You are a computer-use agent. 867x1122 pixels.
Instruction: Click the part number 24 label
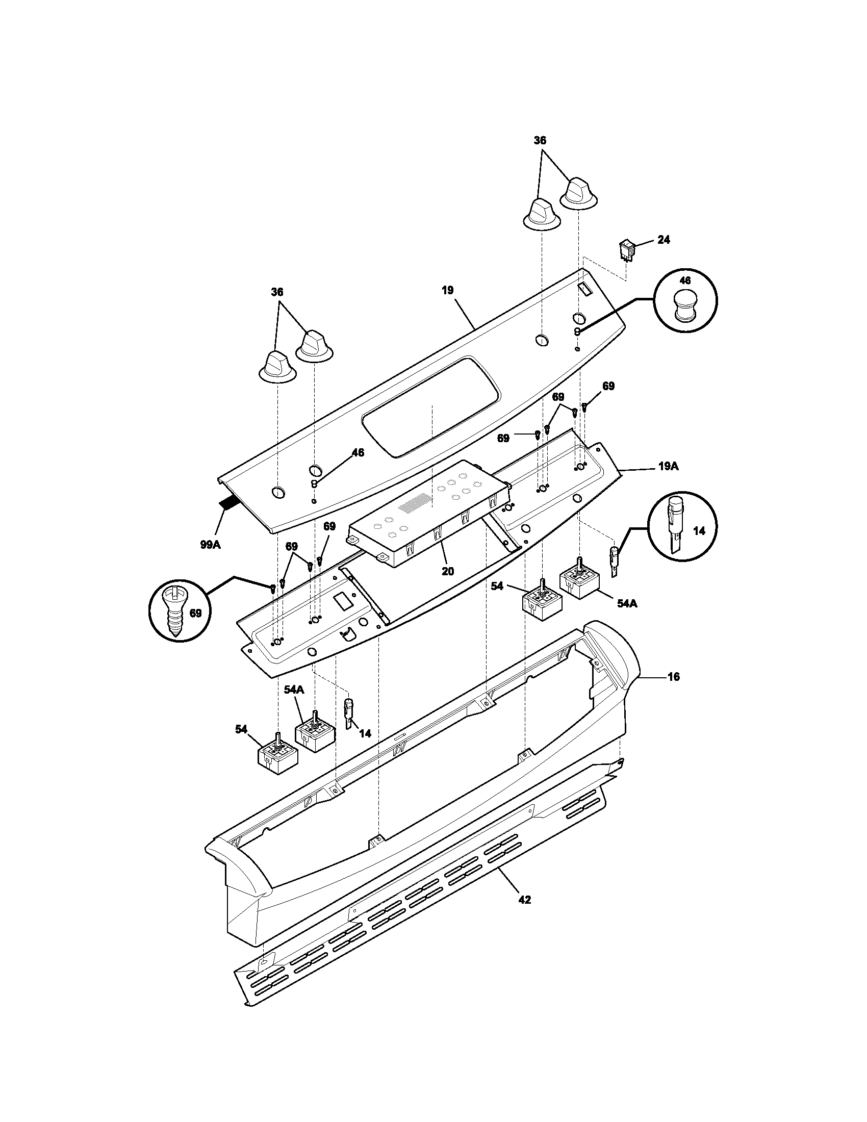(x=664, y=240)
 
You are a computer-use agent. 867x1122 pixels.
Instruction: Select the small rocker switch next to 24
(x=626, y=250)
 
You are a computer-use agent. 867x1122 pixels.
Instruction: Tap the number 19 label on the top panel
(x=447, y=290)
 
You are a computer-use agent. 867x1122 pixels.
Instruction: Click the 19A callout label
(x=668, y=467)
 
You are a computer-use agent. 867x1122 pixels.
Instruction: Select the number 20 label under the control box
(x=447, y=571)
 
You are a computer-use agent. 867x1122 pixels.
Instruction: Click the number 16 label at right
(x=674, y=677)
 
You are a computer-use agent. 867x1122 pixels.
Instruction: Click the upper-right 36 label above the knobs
(x=540, y=140)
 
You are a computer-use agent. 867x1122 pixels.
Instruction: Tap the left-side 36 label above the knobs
(x=277, y=292)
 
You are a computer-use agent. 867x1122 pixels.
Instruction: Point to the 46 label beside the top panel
(x=358, y=452)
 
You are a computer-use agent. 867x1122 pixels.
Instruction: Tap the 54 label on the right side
(x=497, y=586)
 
